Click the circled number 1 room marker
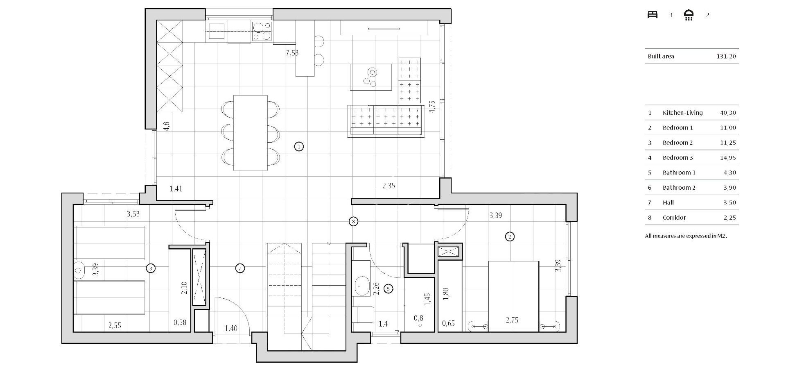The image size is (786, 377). pos(299,146)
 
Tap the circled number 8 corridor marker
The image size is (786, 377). pos(353,222)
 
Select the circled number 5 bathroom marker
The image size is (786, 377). pos(388,289)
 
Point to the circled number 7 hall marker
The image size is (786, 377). pos(240,268)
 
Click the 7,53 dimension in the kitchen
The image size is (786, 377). pos(292,53)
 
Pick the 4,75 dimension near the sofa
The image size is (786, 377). pos(432,107)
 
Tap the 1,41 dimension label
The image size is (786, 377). pos(176,189)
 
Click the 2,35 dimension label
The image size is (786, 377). pos(388,186)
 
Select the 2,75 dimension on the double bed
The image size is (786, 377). pos(512,320)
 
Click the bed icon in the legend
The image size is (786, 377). pos(652,15)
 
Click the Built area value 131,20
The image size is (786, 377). pos(726,57)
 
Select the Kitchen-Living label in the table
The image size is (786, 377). pos(682,113)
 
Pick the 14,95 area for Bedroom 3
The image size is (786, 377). pos(727,158)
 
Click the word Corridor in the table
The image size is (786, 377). pos(674,218)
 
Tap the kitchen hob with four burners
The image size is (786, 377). pos(262,32)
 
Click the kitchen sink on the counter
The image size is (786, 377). pos(217,31)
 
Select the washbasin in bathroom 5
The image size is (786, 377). pos(361,285)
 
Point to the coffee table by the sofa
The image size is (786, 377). pos(371,77)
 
